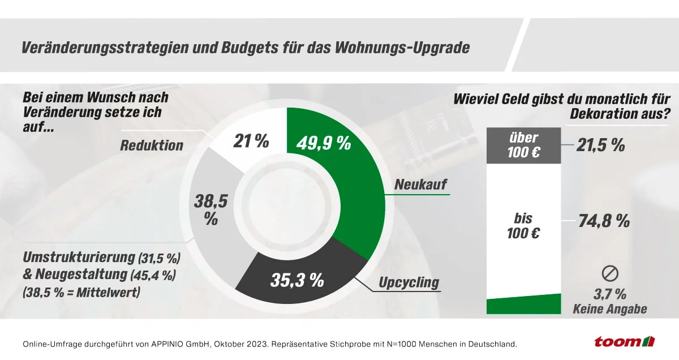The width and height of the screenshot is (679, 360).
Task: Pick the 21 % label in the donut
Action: (x=250, y=141)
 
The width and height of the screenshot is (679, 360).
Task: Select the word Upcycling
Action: (x=408, y=282)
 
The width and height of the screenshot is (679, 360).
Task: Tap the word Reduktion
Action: (x=152, y=145)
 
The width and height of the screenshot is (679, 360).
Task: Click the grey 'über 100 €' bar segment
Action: (x=523, y=145)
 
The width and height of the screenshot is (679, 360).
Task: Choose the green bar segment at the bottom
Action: (x=523, y=306)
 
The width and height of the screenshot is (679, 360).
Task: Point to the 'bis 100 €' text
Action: (x=523, y=225)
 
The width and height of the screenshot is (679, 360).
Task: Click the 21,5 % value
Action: (x=601, y=145)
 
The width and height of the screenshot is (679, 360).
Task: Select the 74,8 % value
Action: (x=603, y=221)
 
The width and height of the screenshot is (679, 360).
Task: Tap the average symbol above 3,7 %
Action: (x=609, y=274)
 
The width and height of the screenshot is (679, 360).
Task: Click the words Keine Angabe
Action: (x=609, y=309)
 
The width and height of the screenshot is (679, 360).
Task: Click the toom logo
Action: (x=624, y=341)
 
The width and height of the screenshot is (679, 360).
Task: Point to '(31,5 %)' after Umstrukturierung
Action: (x=159, y=259)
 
